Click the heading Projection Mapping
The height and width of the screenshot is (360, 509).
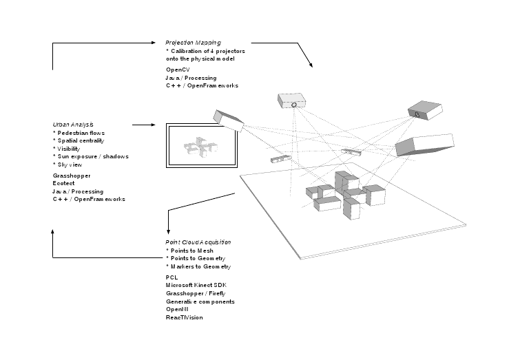pos(192,43)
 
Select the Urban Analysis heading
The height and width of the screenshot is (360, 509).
pos(73,124)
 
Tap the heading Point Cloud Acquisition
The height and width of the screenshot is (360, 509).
pos(198,242)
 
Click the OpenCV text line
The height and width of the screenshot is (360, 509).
pos(178,70)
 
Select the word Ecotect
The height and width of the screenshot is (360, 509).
pos(63,183)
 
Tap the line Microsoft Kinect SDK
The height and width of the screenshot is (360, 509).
pos(196,285)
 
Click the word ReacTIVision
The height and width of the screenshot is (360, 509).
pos(184,317)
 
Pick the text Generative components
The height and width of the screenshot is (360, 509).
pos(200,301)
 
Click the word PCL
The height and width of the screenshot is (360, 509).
pos(172,277)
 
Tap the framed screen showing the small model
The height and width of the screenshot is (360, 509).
pos(202,146)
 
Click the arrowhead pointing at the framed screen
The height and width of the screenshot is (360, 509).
pos(157,125)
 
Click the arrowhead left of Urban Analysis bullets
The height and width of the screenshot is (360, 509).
pos(52,233)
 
